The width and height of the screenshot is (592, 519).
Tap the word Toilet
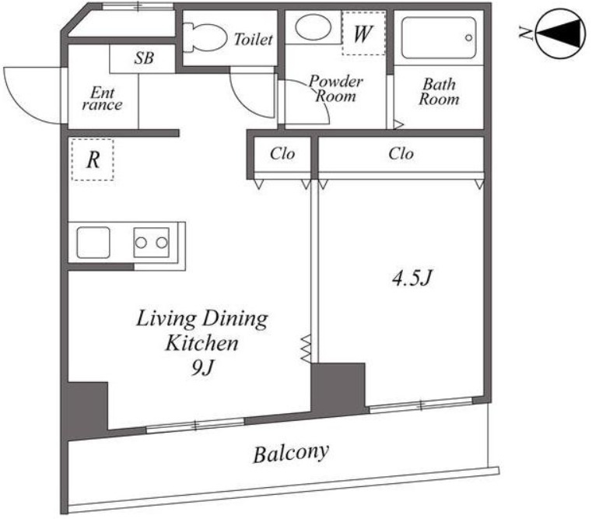[253, 39]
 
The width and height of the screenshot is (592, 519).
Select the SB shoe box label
[144, 58]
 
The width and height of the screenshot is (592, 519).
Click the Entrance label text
[102, 98]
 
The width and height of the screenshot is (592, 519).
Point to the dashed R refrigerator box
[93, 160]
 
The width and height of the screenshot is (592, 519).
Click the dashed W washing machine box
[363, 33]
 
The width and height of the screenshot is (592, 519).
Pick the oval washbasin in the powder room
[313, 26]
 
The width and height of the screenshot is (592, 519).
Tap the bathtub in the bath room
[438, 38]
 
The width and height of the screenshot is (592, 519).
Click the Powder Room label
[335, 89]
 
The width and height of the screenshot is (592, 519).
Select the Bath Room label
[439, 91]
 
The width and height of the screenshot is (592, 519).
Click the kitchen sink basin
[93, 243]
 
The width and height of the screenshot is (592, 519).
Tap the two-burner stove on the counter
[151, 243]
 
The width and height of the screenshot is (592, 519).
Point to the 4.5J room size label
[412, 279]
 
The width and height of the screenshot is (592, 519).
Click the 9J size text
[202, 367]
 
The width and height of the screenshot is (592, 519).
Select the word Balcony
[291, 454]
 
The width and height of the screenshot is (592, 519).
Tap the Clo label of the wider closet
[401, 154]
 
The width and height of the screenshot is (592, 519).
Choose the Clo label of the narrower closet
[282, 154]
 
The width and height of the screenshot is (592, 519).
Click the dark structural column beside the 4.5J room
[338, 389]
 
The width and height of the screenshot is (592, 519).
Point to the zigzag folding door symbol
[306, 349]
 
